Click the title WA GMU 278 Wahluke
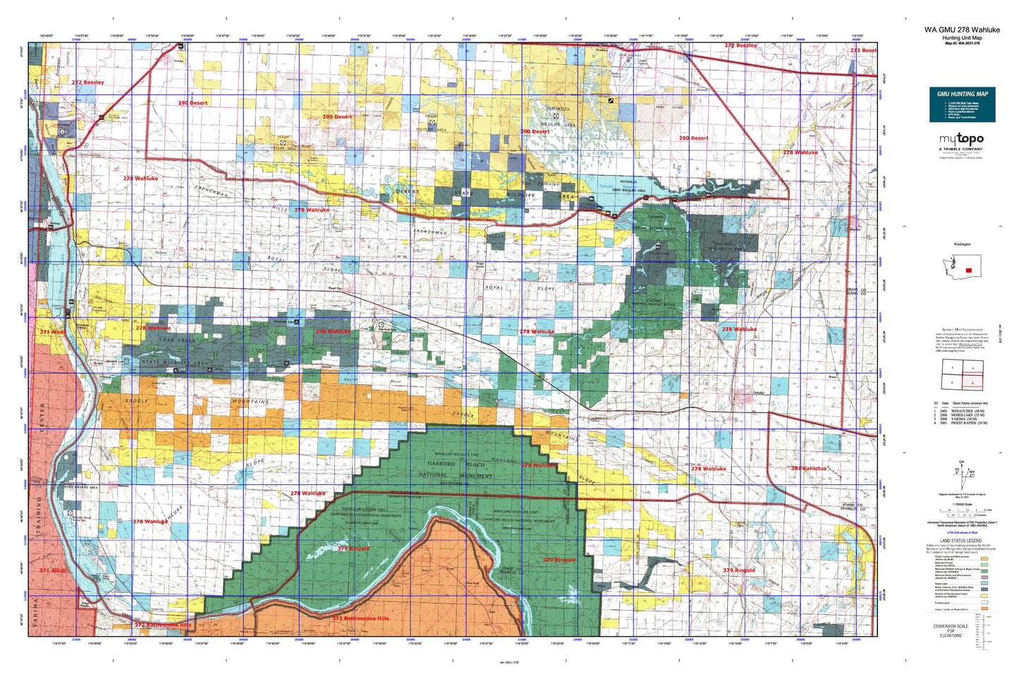coord(962,30)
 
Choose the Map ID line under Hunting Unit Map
coord(962,43)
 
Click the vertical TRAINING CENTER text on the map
coord(42,444)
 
